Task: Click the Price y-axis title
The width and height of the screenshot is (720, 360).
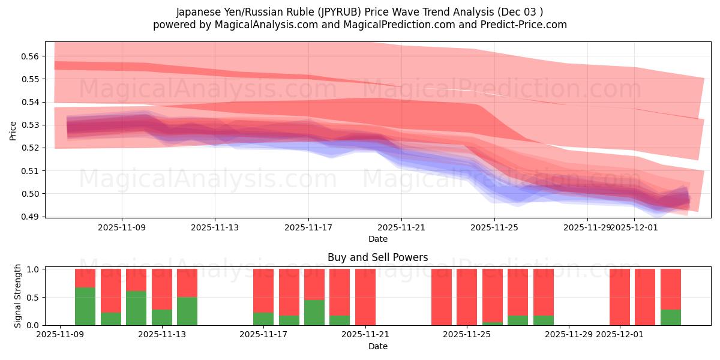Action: [13, 130]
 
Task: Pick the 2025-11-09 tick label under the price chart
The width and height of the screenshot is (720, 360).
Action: [122, 228]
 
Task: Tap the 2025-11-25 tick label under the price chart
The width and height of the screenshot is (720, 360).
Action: [494, 228]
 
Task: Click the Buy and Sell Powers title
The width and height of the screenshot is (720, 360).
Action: [377, 257]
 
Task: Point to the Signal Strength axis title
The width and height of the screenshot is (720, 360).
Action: [18, 296]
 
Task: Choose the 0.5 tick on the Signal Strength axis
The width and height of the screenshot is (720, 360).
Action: [32, 297]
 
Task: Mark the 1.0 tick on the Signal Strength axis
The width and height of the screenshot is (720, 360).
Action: [32, 269]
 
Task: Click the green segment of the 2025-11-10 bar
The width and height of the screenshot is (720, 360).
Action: [85, 306]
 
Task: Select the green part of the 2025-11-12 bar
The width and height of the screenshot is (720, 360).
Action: [136, 308]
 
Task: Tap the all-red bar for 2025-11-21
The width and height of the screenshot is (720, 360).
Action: [365, 297]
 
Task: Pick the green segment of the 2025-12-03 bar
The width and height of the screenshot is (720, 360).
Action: [671, 317]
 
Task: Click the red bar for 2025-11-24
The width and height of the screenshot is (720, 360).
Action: [442, 297]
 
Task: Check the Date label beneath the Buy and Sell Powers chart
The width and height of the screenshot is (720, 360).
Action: [377, 346]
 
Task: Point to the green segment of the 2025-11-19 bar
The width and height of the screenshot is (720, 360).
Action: [314, 312]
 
